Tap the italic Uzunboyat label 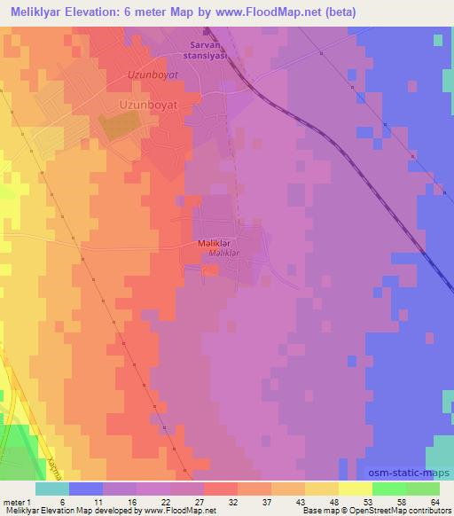click(x=153, y=76)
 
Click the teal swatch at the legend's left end click(x=52, y=488)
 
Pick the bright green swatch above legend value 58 click(x=388, y=488)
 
